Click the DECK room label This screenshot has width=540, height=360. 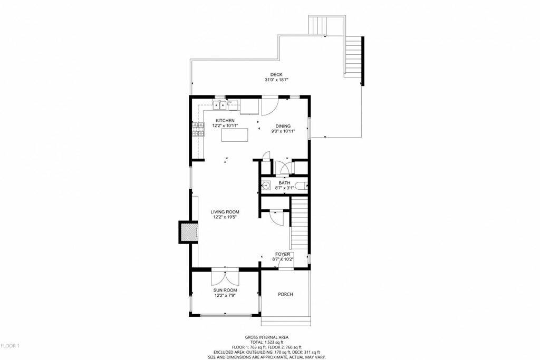(x=276, y=74)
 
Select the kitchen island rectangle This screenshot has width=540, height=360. (x=235, y=135)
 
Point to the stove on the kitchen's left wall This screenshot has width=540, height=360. (x=198, y=130)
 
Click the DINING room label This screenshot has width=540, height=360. (x=283, y=126)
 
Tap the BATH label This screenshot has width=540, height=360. (x=285, y=183)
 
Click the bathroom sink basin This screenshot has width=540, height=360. (x=266, y=186)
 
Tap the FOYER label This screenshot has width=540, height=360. (x=283, y=254)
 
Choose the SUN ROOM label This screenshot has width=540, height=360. (x=225, y=290)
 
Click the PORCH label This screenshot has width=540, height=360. (x=285, y=294)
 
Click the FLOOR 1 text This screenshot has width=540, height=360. (x=10, y=346)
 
